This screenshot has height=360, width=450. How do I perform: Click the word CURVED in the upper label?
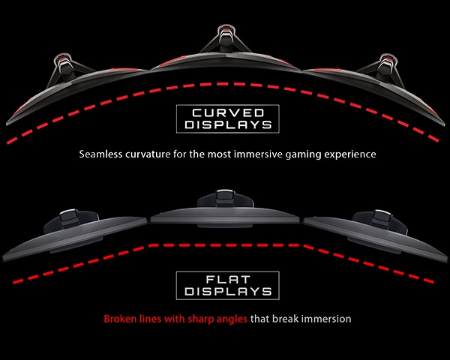click(x=225, y=112)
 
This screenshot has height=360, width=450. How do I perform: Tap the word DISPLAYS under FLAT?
click(x=225, y=291)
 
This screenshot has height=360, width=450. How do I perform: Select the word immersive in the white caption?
click(x=264, y=154)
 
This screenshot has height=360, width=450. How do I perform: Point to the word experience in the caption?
click(x=346, y=154)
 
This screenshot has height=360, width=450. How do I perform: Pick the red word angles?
click(x=227, y=319)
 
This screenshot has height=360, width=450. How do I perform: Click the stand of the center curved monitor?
click(x=226, y=37)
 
